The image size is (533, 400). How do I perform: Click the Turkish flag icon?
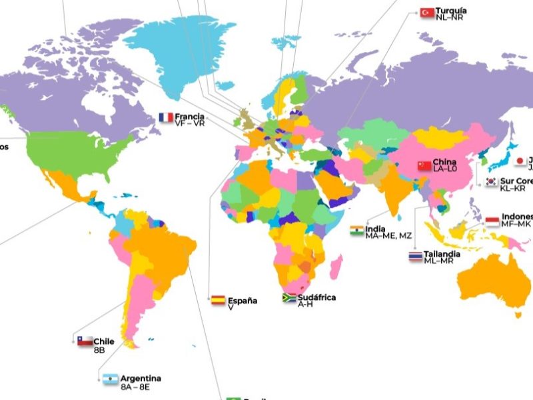[427, 12]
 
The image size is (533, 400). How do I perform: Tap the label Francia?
[190, 117]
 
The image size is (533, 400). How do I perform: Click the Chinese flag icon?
[424, 165]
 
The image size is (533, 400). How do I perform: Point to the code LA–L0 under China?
[445, 169]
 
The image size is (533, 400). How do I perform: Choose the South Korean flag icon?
[492, 181]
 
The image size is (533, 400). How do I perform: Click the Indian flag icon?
[357, 231]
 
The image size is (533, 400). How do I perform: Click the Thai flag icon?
[416, 257]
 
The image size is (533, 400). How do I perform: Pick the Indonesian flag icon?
[492, 221]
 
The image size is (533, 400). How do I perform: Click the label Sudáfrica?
[316, 297]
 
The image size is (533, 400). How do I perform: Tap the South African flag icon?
[289, 299]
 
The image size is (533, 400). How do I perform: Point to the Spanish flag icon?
[218, 300]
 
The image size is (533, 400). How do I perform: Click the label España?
[243, 301]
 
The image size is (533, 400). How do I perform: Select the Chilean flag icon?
[85, 341]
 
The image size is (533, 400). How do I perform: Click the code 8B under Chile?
[99, 349]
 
